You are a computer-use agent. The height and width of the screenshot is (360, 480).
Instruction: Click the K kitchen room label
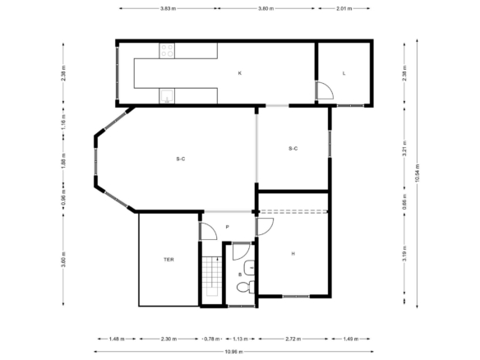[240, 73]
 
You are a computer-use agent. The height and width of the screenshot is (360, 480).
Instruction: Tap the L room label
[344, 73]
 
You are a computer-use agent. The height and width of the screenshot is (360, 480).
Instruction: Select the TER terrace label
[168, 260]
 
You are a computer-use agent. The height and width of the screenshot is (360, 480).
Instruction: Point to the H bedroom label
[293, 253]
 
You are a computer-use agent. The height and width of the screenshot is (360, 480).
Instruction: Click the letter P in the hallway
[227, 227]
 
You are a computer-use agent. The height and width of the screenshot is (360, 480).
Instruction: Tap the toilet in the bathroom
[246, 287]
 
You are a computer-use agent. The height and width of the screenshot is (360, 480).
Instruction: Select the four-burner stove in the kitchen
[167, 51]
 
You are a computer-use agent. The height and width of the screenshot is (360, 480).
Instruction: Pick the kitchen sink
[167, 96]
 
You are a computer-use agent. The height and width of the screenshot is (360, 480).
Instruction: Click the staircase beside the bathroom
[212, 276]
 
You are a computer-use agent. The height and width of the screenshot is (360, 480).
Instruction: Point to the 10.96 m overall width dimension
[234, 352]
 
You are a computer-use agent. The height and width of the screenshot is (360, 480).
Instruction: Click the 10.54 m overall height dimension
[418, 173]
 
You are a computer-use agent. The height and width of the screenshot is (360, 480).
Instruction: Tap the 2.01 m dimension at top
[344, 8]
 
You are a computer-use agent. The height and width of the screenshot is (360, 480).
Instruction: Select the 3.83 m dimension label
[168, 8]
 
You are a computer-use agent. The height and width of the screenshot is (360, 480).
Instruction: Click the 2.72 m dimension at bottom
[293, 339]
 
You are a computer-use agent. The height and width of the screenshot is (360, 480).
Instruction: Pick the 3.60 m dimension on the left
[63, 259]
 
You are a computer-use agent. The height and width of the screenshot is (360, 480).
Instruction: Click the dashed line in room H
[293, 211]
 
